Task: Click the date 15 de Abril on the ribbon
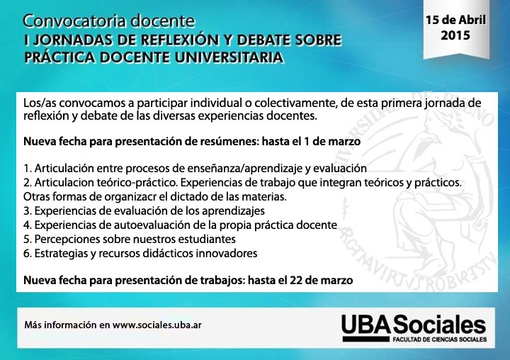(455, 20)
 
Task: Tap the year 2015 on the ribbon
(455, 35)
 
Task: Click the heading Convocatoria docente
(109, 21)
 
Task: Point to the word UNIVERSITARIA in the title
(229, 57)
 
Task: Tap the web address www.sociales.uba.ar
(157, 325)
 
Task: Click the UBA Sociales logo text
(414, 324)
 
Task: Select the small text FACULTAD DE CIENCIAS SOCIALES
(440, 339)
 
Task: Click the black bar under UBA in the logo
(366, 339)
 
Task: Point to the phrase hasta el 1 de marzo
(311, 142)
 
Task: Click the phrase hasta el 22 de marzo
(300, 280)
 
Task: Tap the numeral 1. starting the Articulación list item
(28, 169)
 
